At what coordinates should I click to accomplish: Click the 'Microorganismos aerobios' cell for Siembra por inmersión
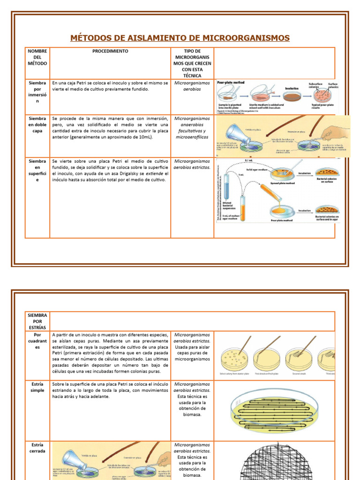click(192, 86)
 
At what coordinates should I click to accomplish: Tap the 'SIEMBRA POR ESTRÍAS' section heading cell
click(37, 321)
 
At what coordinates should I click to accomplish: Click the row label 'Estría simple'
click(37, 387)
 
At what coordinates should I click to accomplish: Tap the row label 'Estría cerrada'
click(37, 448)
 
